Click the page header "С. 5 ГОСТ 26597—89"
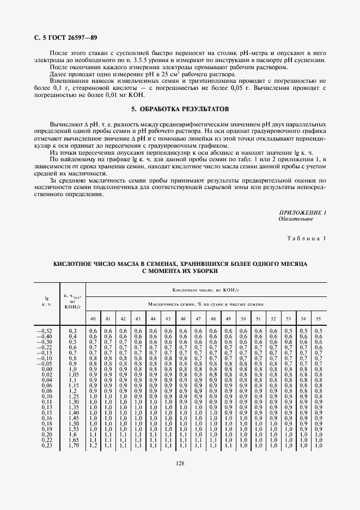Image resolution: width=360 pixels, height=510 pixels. pyautogui.click(x=62, y=38)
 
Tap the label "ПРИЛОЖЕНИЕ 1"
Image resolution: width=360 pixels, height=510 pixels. pyautogui.click(x=302, y=212)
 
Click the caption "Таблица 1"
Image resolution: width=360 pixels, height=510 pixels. pyautogui.click(x=307, y=239)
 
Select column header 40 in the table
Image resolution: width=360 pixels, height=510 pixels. pyautogui.click(x=93, y=318)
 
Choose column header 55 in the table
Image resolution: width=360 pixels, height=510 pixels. pyautogui.click(x=319, y=318)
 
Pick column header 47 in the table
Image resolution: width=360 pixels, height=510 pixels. pyautogui.click(x=198, y=318)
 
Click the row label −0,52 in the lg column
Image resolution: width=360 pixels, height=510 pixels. pyautogui.click(x=44, y=331)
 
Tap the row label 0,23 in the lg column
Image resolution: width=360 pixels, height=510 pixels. pyautogui.click(x=45, y=446)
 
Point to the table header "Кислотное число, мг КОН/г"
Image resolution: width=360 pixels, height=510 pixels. pyautogui.click(x=206, y=291)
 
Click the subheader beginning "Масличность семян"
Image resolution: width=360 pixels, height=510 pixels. pyautogui.click(x=206, y=304)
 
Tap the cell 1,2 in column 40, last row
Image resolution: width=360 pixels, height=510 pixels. pyautogui.click(x=93, y=446)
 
